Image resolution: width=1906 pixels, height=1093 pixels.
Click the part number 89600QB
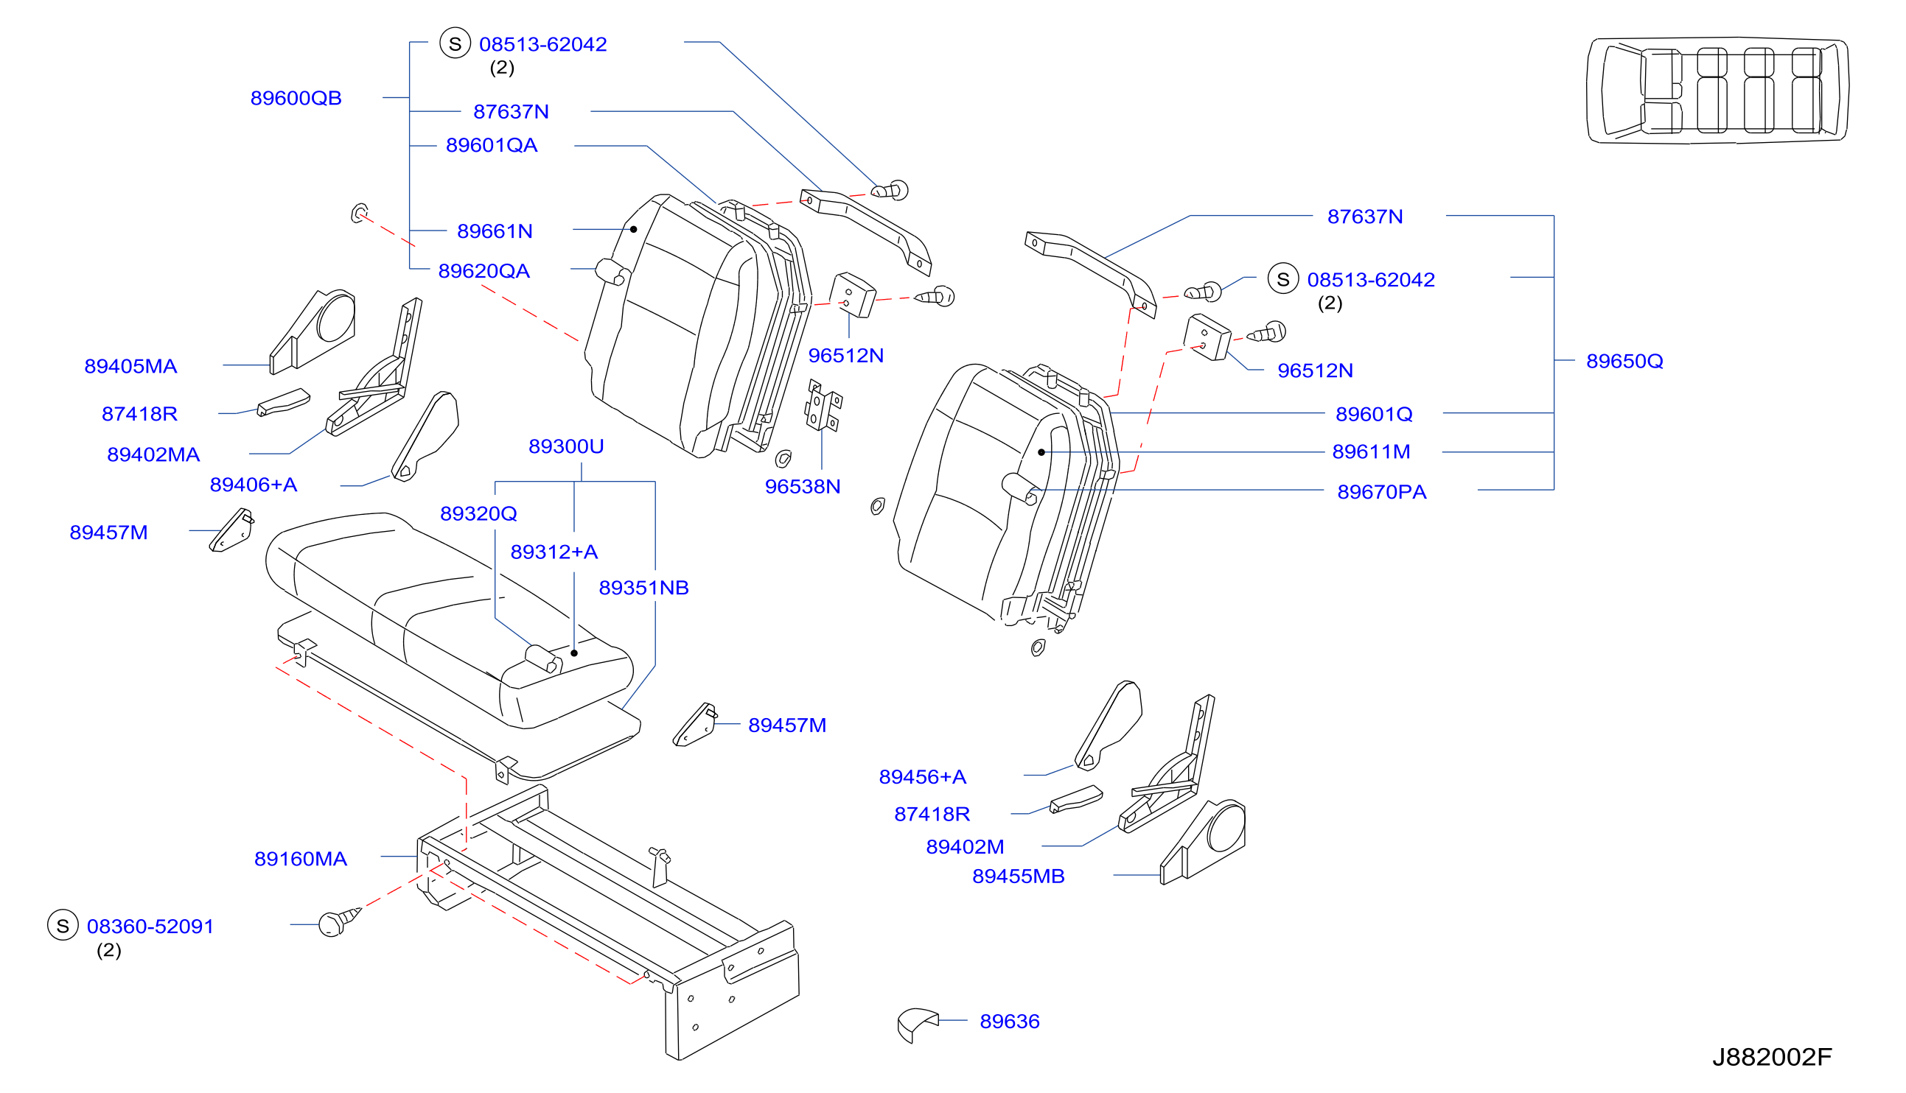[x=296, y=99]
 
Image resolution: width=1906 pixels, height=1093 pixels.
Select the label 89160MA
[x=301, y=859]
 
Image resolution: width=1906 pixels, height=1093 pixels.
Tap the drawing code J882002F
[x=1772, y=1057]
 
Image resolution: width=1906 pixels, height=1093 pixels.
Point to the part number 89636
[x=1009, y=1022]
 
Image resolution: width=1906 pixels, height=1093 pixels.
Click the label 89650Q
[x=1624, y=361]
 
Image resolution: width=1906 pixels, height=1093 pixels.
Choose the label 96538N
[x=802, y=486]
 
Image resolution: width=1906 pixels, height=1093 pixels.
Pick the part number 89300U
[x=565, y=446]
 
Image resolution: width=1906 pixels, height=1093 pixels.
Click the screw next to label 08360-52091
[x=340, y=922]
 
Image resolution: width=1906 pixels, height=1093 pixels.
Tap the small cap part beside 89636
[x=917, y=1025]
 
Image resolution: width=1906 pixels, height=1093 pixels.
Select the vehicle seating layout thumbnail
[x=1717, y=90]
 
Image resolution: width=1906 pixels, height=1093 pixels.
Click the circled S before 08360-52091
[x=63, y=926]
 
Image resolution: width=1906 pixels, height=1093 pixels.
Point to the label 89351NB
[x=643, y=588]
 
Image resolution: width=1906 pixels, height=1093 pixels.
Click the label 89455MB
[x=1019, y=876]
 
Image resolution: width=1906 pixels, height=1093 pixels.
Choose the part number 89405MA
[x=130, y=366]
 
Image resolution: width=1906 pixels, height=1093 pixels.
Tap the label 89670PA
[x=1381, y=492]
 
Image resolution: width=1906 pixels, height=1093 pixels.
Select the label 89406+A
[x=253, y=485]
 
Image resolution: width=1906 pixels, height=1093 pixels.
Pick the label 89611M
[x=1371, y=452]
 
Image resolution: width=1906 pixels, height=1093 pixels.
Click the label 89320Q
[x=478, y=513]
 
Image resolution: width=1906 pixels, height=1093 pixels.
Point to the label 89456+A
[x=922, y=777]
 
